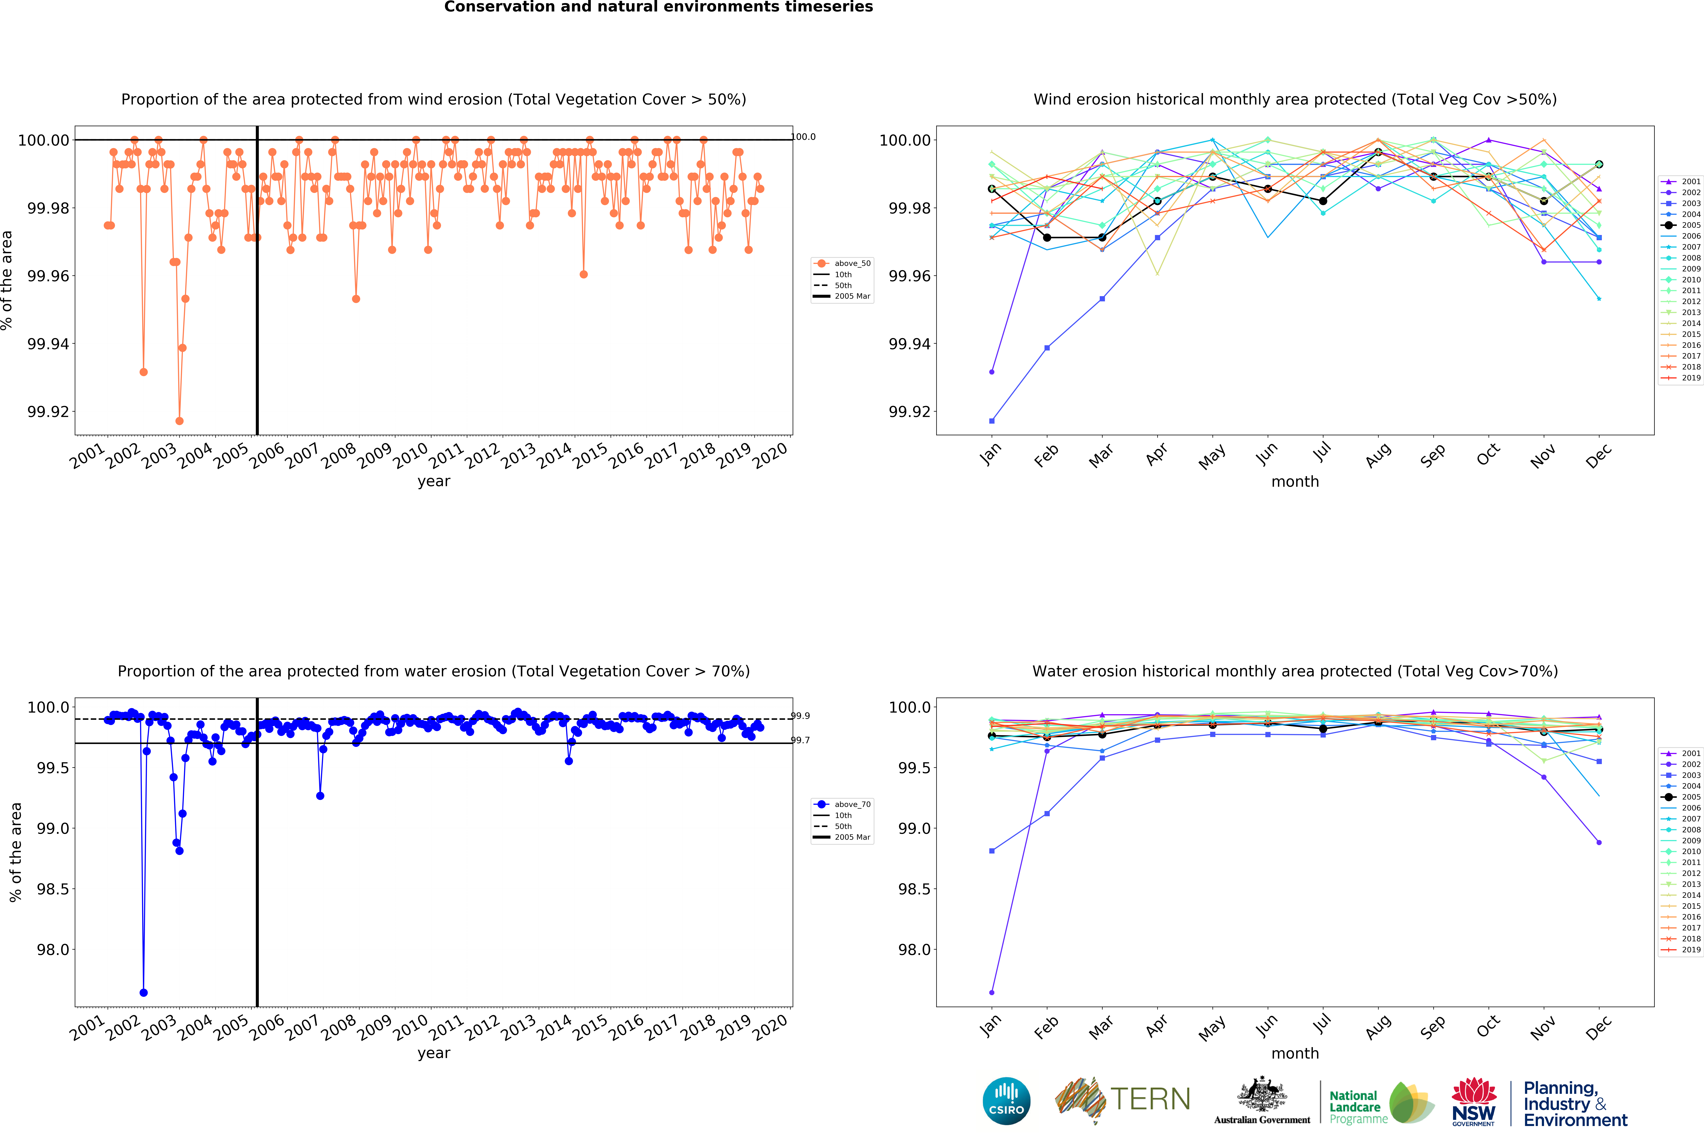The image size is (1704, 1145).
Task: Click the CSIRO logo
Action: pyautogui.click(x=1006, y=1101)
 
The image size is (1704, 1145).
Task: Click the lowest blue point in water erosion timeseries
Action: pyautogui.click(x=144, y=992)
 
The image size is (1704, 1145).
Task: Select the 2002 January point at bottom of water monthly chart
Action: pyautogui.click(x=991, y=992)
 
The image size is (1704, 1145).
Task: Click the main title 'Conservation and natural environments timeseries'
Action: pyautogui.click(x=658, y=7)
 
